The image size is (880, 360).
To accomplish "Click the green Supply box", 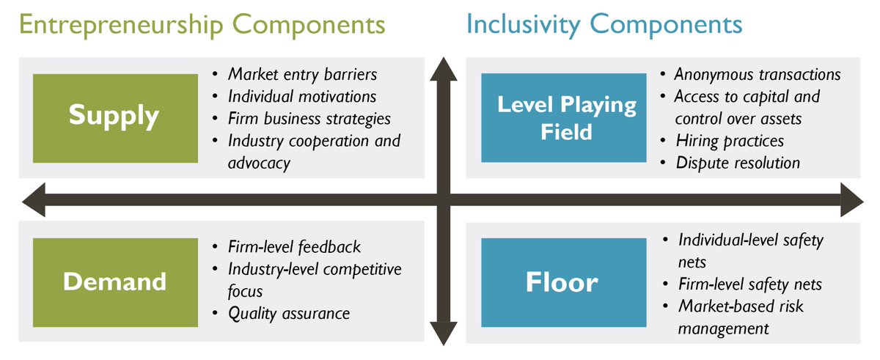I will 114,117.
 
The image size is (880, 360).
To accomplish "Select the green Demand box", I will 114,282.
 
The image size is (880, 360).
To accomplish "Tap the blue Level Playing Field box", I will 567,117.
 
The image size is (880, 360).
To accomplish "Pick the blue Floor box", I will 562,283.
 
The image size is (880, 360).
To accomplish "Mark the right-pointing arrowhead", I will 852,200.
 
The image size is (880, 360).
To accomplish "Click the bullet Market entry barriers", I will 302,75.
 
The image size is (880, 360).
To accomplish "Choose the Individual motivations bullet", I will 302,97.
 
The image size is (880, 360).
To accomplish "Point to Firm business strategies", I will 309,119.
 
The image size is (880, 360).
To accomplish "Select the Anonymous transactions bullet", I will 757,75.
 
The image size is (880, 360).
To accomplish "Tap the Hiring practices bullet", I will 730,140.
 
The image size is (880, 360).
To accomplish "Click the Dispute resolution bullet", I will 738,163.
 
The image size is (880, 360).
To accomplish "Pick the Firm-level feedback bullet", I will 294,247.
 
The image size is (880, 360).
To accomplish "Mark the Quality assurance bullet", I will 289,314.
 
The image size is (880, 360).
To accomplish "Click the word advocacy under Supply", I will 259,163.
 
